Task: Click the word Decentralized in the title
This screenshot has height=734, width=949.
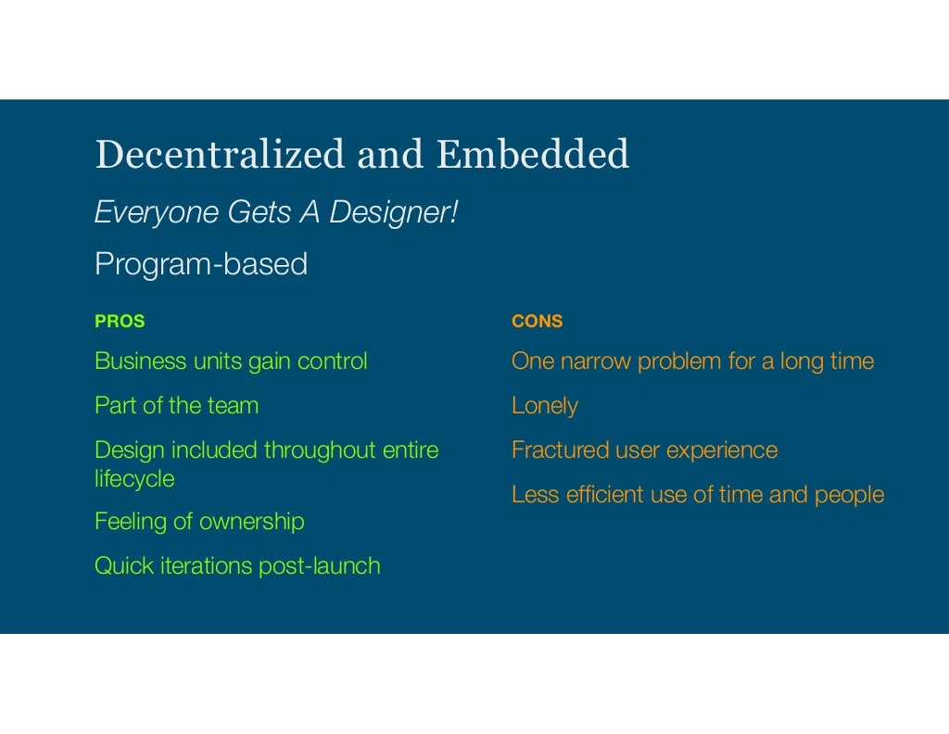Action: [220, 155]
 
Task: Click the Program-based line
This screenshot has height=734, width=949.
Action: [201, 265]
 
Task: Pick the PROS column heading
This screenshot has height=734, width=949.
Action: [120, 322]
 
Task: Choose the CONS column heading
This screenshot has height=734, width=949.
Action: [537, 322]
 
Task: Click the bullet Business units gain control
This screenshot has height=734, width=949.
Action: [231, 361]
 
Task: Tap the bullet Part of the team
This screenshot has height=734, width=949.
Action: [176, 406]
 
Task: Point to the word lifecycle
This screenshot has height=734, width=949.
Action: [134, 479]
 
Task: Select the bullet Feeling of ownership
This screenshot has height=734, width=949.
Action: [199, 522]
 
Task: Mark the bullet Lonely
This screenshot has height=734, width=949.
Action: [544, 406]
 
